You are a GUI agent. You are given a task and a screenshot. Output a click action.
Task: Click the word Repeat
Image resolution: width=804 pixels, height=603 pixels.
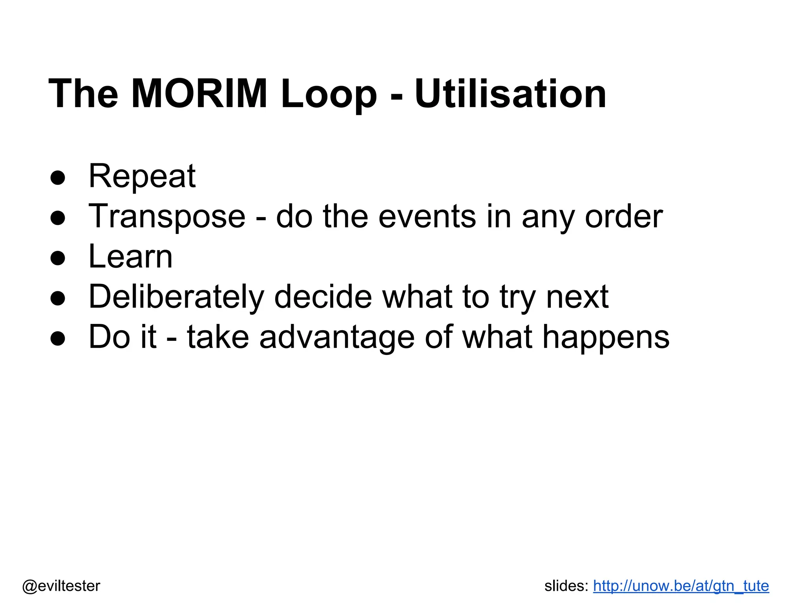[142, 176]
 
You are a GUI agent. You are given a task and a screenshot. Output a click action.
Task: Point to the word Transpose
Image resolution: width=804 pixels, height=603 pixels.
[167, 217]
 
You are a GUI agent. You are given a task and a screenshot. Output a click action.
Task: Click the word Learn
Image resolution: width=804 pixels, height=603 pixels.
[130, 257]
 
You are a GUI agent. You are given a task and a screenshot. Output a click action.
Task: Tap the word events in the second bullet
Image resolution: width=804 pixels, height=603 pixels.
[427, 217]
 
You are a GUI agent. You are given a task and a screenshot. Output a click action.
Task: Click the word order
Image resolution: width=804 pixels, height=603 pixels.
[623, 217]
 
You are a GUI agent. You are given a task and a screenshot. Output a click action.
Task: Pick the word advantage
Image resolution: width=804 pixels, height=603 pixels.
[336, 338]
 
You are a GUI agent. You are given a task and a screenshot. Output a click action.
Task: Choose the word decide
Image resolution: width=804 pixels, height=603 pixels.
[323, 297]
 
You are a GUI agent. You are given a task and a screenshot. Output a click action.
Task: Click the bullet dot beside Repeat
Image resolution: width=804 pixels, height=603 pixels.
[58, 177]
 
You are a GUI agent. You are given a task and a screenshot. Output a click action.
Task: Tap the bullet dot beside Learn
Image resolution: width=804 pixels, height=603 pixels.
[58, 258]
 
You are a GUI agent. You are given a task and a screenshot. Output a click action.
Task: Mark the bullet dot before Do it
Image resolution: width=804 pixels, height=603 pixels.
[58, 338]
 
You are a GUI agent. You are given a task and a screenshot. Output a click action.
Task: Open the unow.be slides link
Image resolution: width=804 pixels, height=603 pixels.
[681, 586]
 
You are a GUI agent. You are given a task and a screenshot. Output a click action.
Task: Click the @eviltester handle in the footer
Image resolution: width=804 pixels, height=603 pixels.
[61, 586]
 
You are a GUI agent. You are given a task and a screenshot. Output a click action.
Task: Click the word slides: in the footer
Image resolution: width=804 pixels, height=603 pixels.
[566, 586]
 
